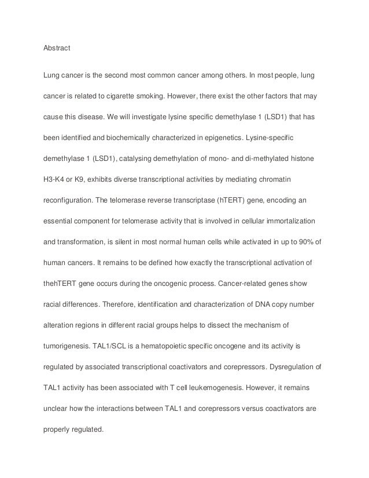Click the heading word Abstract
click(x=57, y=48)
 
